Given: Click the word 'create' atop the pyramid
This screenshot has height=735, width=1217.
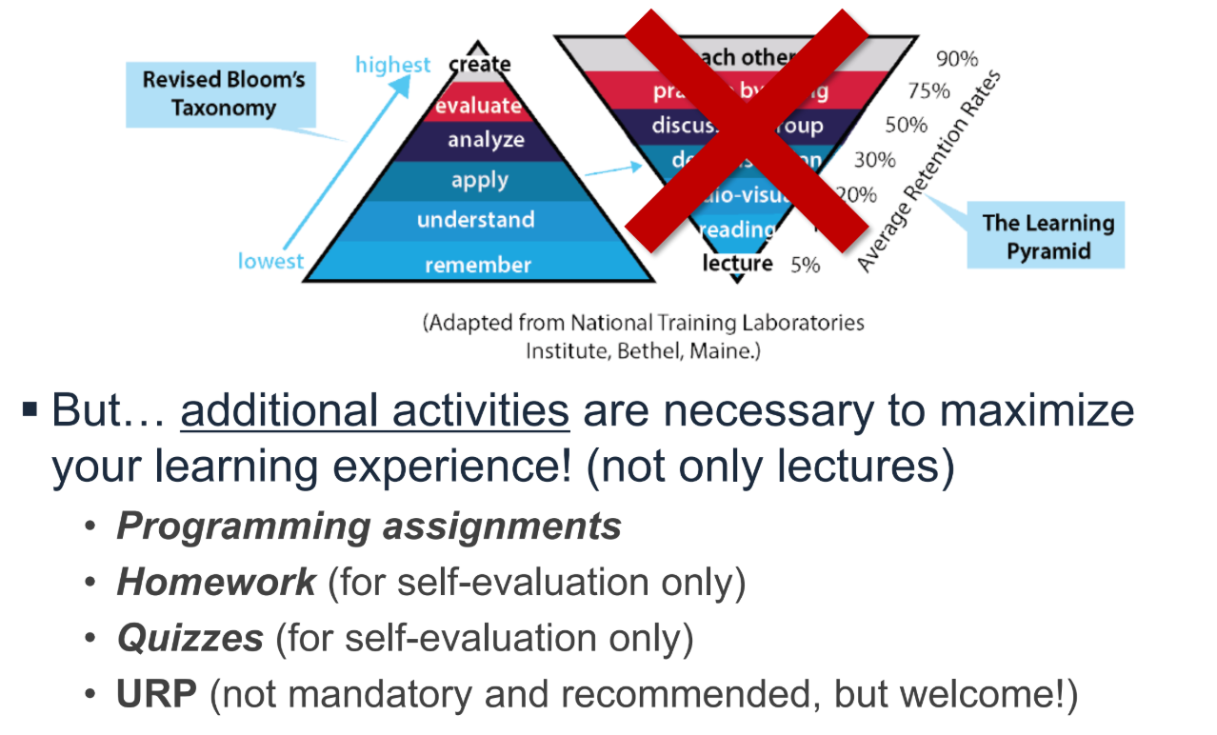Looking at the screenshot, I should tap(480, 64).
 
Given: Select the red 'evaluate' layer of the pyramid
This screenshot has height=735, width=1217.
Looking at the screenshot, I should tap(479, 106).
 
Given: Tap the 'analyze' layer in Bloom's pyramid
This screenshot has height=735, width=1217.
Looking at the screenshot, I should tap(486, 140).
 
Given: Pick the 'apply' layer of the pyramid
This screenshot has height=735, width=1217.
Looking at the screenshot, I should tap(480, 180).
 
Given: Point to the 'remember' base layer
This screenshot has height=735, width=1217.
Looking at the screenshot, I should tap(478, 265).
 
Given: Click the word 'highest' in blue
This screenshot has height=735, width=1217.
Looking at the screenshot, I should tap(392, 65).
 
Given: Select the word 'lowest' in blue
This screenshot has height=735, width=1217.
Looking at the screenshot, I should tap(270, 261).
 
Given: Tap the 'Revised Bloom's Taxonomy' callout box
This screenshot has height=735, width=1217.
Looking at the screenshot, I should tap(224, 93).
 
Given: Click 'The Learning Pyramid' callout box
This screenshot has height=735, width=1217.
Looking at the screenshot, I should tap(1047, 237).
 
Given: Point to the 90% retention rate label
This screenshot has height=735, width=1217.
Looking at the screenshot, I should tap(956, 59).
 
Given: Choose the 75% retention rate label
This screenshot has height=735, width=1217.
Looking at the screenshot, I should tap(928, 91).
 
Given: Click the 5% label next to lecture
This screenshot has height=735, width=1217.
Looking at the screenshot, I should tap(805, 265).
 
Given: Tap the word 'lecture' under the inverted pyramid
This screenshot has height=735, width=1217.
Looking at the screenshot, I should tap(737, 263).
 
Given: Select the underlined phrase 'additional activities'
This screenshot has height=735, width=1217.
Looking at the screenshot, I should tap(375, 411).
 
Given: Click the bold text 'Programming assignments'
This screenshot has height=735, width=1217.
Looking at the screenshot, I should tap(369, 526).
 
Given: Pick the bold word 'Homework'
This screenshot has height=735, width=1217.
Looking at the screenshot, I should tap(216, 583).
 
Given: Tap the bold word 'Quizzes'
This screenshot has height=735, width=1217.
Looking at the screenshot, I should tap(190, 639).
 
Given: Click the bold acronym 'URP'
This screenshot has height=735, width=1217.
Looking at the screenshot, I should tap(156, 695).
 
